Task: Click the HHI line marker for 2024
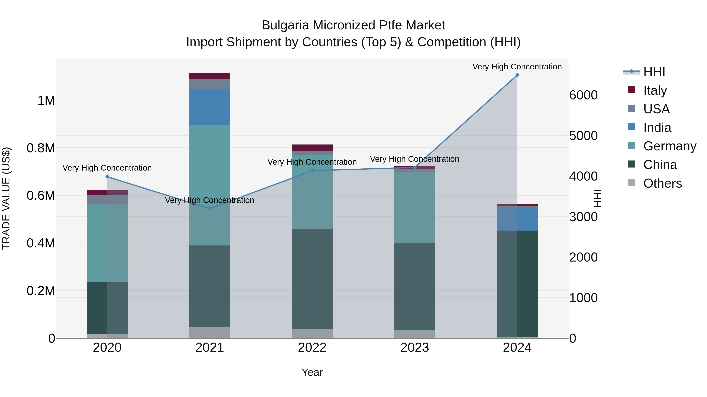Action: [517, 75]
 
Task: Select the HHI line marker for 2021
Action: [210, 209]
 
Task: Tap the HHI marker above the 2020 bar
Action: [107, 177]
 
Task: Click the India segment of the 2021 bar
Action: [210, 107]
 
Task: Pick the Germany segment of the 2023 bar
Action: [415, 207]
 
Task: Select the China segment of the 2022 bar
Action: [312, 279]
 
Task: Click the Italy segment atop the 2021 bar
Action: [210, 76]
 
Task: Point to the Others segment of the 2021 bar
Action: [210, 332]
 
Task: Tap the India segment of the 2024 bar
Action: [517, 219]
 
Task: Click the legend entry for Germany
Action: [670, 146]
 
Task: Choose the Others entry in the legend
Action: [662, 183]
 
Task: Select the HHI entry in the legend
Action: [654, 72]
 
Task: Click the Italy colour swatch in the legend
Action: [632, 90]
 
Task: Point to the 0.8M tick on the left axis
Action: [41, 148]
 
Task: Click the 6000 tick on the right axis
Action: [583, 95]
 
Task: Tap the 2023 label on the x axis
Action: [415, 348]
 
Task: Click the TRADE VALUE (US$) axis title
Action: [6, 198]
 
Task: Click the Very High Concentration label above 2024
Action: [517, 67]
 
